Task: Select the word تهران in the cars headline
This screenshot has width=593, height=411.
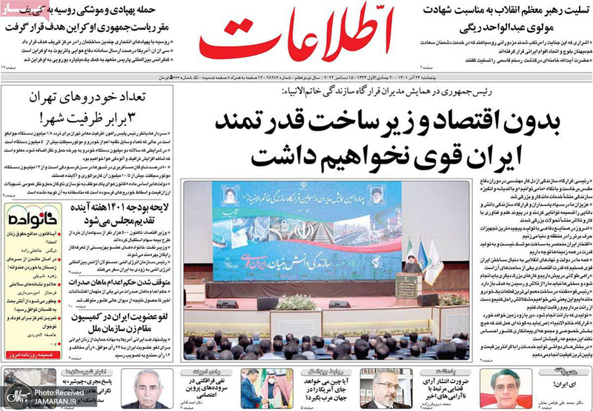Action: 45,97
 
